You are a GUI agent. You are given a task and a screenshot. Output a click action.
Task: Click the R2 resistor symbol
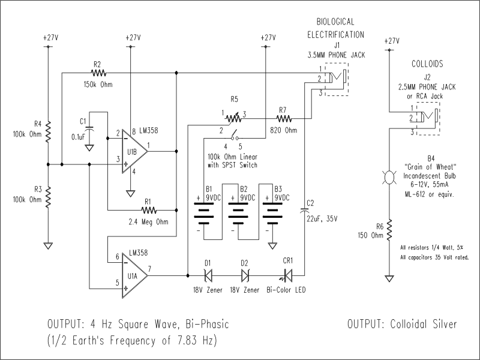98,73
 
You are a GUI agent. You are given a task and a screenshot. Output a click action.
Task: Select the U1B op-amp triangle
134,151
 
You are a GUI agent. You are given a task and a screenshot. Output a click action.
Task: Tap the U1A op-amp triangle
134,275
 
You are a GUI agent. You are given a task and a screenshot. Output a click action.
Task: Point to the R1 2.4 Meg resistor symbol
149,211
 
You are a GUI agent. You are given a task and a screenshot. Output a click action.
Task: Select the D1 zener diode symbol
208,275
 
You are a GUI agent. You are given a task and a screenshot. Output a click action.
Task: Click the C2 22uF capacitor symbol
304,210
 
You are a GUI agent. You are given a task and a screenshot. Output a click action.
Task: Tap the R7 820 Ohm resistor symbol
284,118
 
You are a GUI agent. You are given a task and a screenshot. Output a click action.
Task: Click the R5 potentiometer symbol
233,118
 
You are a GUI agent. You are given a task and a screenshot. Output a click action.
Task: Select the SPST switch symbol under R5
235,136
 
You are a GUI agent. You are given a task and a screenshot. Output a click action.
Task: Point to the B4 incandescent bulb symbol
389,178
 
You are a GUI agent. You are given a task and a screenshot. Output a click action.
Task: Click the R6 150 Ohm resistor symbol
389,230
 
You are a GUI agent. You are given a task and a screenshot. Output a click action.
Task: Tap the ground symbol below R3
48,246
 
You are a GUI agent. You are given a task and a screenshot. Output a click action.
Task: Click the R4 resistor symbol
48,131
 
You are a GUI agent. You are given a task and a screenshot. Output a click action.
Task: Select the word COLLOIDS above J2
427,64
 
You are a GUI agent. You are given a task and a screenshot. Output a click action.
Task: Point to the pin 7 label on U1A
149,269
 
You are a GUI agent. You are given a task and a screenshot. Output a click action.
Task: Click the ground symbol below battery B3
272,245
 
